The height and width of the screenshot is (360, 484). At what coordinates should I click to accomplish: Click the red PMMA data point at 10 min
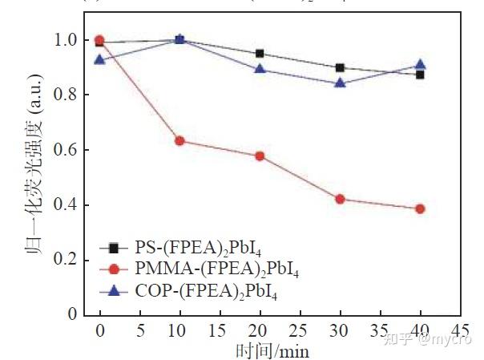click(180, 141)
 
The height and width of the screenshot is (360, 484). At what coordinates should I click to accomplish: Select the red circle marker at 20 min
click(260, 156)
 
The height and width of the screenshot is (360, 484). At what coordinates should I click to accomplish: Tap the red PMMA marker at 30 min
click(340, 199)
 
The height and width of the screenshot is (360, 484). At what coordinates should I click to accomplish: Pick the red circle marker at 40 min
click(420, 208)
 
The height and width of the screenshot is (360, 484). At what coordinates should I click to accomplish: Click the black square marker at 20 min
click(260, 54)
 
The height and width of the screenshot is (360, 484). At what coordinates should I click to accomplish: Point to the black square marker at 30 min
click(340, 68)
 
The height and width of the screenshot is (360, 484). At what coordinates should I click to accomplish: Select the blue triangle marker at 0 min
click(99, 59)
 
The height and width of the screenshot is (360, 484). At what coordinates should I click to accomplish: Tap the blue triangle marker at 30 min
click(340, 83)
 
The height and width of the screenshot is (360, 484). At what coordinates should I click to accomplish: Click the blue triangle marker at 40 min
click(420, 65)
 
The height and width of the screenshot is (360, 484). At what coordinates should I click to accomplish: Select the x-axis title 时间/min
click(272, 350)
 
